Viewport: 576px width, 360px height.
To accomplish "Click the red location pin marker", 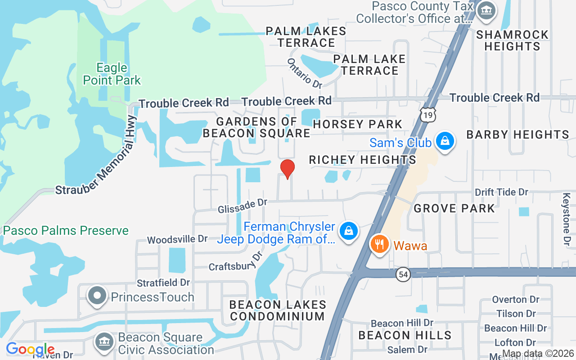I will [288, 169].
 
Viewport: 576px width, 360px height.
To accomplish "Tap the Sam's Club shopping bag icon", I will [445, 141].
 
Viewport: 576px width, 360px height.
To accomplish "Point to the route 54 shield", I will [403, 274].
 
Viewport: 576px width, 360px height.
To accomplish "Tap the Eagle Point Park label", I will [112, 74].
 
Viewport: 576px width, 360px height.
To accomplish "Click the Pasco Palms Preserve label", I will [66, 231].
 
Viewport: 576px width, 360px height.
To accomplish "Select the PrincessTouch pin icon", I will [97, 296].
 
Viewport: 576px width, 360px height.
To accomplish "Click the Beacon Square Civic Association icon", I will [104, 342].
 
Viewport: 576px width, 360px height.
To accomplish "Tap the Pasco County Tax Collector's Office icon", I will [486, 9].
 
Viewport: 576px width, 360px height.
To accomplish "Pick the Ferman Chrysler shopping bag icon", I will [348, 231].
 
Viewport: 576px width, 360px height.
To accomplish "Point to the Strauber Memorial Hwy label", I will [96, 155].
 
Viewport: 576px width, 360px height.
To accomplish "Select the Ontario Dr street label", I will [305, 73].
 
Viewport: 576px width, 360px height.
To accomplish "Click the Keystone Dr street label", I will [567, 219].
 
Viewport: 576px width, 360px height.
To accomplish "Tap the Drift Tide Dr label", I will [501, 192].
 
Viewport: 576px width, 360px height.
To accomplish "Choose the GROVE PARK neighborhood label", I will [454, 208].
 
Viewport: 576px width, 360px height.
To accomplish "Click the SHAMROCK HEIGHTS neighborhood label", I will [512, 40].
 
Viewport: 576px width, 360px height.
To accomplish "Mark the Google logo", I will [30, 349].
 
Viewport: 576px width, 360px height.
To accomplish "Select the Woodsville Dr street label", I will [177, 239].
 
